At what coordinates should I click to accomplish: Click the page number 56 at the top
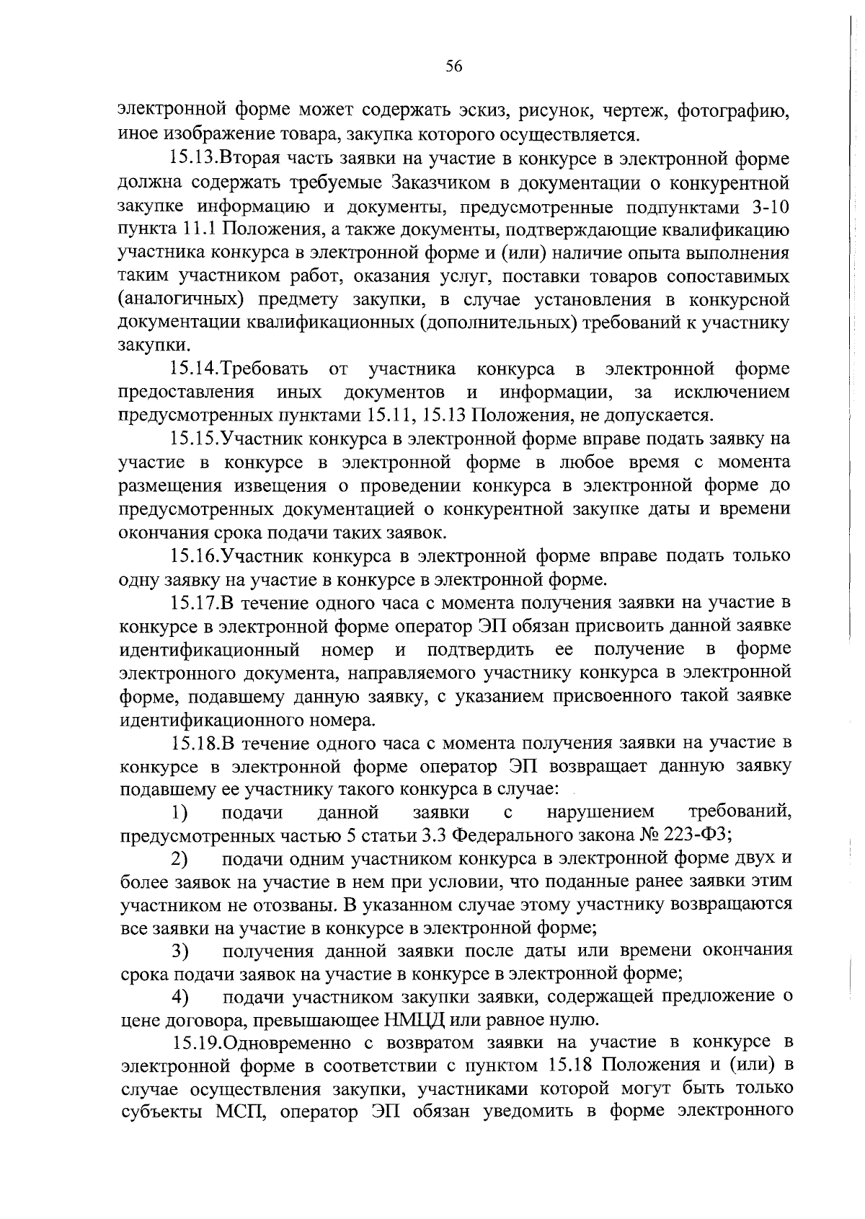point(453,66)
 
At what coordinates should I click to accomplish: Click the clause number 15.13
point(193,158)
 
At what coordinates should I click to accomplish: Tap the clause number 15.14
point(193,369)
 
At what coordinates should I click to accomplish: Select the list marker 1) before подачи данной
point(179,813)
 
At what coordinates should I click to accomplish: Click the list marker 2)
point(179,859)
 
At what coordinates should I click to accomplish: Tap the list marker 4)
point(179,998)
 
